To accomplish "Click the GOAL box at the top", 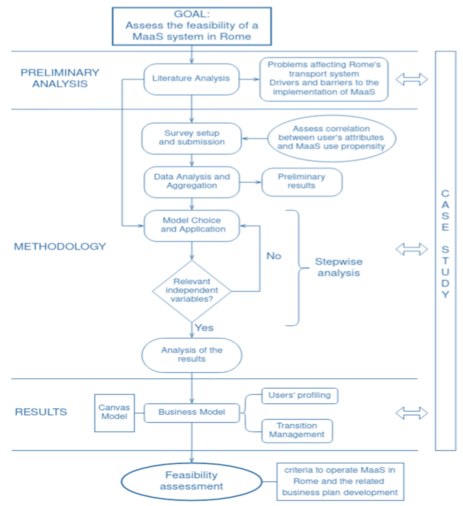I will point(192,26).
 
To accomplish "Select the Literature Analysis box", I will point(191,79).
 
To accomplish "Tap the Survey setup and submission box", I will point(192,138).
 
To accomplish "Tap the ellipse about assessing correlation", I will point(331,138).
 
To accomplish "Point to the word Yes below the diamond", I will point(204,328).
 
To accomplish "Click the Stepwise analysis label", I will point(339,267).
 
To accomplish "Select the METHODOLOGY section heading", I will point(60,247).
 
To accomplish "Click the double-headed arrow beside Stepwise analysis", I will point(412,249).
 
